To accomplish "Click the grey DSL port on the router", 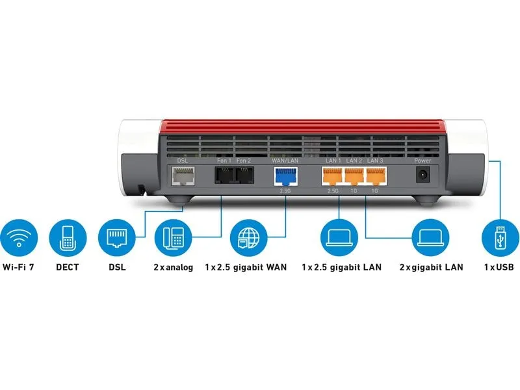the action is [183, 175].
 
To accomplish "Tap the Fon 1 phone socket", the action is [225, 175].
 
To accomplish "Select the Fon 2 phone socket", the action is [245, 175].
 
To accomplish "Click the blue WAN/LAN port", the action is [286, 176].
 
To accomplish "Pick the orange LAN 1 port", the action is [332, 176].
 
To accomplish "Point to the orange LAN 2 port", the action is [354, 176].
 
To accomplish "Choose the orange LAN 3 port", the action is [376, 176].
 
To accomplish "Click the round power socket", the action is [423, 175].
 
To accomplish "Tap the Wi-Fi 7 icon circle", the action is [19, 237].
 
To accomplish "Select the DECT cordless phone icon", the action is [68, 237].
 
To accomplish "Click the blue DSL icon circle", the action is [117, 237].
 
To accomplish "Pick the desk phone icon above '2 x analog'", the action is [173, 237].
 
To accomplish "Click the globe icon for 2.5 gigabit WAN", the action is [248, 237].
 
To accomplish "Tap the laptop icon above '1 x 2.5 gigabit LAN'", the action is [339, 237].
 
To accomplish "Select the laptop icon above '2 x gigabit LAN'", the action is [430, 237].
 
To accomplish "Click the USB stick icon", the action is [500, 237].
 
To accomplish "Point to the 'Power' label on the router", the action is [422, 161].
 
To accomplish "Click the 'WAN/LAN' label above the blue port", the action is [285, 161].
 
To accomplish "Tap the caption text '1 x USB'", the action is [499, 267].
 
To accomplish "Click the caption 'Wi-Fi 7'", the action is [18, 267].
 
